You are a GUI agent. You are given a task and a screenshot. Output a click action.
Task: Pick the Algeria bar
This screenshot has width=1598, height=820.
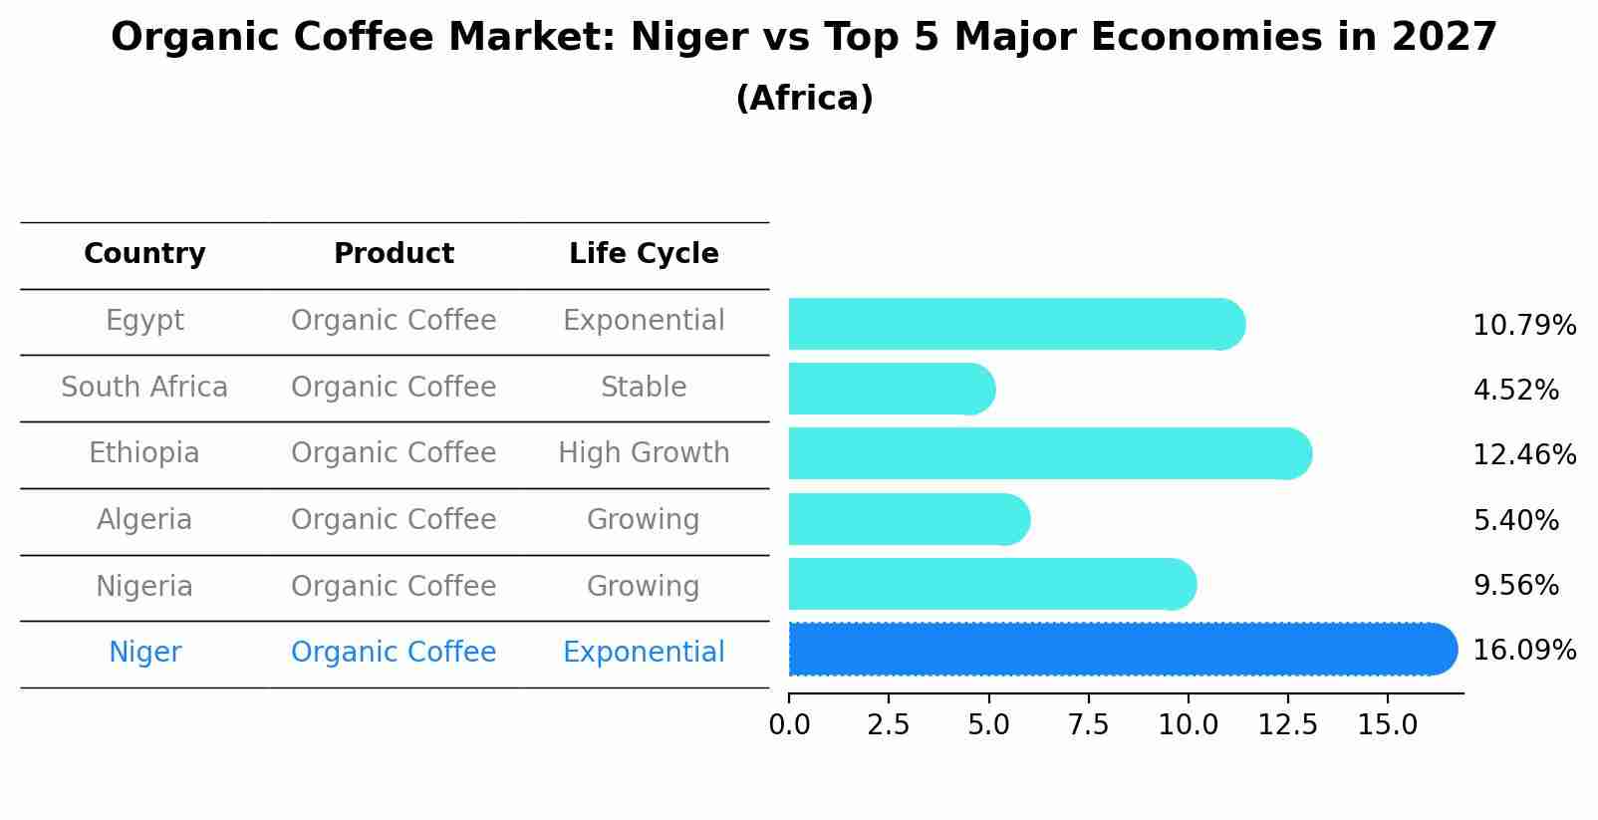pyautogui.click(x=908, y=519)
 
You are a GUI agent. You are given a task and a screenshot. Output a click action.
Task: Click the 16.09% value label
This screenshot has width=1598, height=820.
pyautogui.click(x=1523, y=651)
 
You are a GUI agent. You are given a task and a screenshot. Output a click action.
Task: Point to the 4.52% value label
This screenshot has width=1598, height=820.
pyautogui.click(x=1515, y=391)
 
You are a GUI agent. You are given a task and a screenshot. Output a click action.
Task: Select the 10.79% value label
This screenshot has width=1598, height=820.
pyautogui.click(x=1523, y=326)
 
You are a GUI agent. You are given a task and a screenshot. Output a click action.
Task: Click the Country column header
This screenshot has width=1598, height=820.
pyautogui.click(x=144, y=254)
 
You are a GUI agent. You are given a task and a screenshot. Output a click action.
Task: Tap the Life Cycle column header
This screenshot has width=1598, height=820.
pyautogui.click(x=644, y=254)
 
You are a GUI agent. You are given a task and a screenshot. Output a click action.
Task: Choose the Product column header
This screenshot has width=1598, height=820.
pyautogui.click(x=394, y=254)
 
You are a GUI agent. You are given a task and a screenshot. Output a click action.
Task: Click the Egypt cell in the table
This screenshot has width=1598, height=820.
pyautogui.click(x=144, y=321)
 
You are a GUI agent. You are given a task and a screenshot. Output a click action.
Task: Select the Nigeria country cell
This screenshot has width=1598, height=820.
pyautogui.click(x=144, y=586)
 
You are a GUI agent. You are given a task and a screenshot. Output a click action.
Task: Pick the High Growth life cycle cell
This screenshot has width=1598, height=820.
pyautogui.click(x=644, y=453)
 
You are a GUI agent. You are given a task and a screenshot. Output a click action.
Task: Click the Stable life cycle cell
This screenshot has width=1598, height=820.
pyautogui.click(x=644, y=387)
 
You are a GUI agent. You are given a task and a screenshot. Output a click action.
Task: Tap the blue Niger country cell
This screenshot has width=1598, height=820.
pyautogui.click(x=144, y=653)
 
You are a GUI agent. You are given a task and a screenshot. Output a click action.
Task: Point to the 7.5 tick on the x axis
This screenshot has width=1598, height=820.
pyautogui.click(x=1088, y=724)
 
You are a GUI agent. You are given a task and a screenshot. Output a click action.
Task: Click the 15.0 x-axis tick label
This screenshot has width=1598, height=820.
pyautogui.click(x=1387, y=724)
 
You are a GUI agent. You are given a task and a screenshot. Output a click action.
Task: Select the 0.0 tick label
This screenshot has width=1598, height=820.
pyautogui.click(x=789, y=724)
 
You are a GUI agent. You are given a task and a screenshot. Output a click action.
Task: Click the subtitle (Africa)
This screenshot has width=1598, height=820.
pyautogui.click(x=804, y=99)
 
